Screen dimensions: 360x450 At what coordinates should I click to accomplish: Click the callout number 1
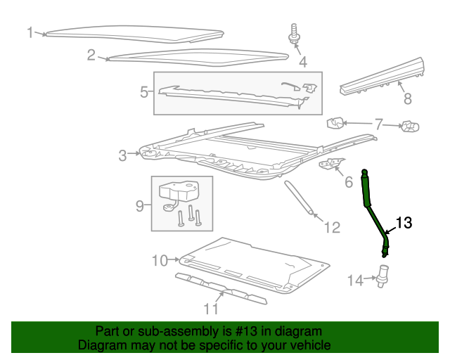[x=30, y=32]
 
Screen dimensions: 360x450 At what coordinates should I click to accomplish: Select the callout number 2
[x=91, y=55]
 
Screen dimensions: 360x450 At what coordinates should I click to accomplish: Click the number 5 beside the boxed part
[x=143, y=91]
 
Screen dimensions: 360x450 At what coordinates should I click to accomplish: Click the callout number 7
[x=378, y=124]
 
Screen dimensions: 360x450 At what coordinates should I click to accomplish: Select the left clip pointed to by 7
[x=335, y=124]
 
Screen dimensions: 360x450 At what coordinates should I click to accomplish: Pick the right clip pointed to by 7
[x=409, y=127]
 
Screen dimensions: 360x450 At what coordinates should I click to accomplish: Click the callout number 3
[x=122, y=155]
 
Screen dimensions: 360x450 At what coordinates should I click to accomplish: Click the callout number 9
[x=139, y=205]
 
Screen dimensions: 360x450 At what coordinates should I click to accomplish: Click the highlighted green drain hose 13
[x=374, y=211]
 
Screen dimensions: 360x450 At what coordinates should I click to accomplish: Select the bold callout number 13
[x=404, y=223]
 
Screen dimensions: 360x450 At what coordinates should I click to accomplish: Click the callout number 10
[x=160, y=261]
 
